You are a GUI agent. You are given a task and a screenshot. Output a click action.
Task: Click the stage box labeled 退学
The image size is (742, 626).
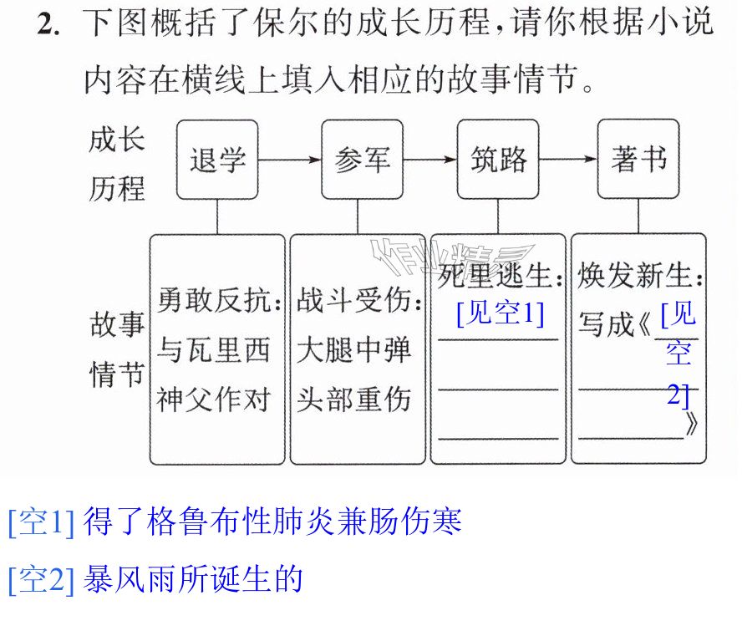pos(217,160)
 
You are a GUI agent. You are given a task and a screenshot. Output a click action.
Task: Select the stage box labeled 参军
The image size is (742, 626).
pos(362,160)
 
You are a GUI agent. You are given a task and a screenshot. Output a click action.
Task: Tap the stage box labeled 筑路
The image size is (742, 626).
pos(498,160)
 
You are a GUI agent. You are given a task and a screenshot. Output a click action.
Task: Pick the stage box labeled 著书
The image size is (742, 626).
pos(638,160)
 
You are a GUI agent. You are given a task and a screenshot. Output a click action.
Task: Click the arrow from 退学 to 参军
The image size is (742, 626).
pos(290,160)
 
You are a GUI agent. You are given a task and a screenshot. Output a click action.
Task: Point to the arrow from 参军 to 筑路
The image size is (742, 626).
pos(430,160)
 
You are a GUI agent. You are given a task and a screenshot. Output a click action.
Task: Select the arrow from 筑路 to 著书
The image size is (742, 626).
pos(568,160)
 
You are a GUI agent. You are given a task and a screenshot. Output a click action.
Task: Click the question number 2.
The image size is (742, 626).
pos(48,23)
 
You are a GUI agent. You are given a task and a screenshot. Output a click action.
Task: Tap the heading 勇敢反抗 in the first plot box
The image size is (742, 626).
pos(214,300)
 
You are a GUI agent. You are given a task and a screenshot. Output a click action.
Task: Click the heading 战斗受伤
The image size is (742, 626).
pos(353,300)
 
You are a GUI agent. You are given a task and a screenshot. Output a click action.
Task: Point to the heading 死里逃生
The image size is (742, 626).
pos(494,275)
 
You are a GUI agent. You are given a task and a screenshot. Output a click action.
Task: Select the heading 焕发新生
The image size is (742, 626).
pos(634,275)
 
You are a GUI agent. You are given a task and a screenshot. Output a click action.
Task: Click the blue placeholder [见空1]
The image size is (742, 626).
pos(501,313)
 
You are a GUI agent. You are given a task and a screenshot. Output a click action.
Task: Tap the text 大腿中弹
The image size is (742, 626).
pos(353,350)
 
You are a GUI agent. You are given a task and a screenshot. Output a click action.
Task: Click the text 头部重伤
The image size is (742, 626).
pos(353,400)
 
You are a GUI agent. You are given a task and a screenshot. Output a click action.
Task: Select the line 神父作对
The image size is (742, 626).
pos(213,400)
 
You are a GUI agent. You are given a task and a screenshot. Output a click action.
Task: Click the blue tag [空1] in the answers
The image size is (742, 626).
pos(42,522)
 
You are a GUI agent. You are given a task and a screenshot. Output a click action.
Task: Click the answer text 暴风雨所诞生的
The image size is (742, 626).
pos(193,579)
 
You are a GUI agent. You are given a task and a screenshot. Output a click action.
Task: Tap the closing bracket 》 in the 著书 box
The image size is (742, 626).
pos(691,424)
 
